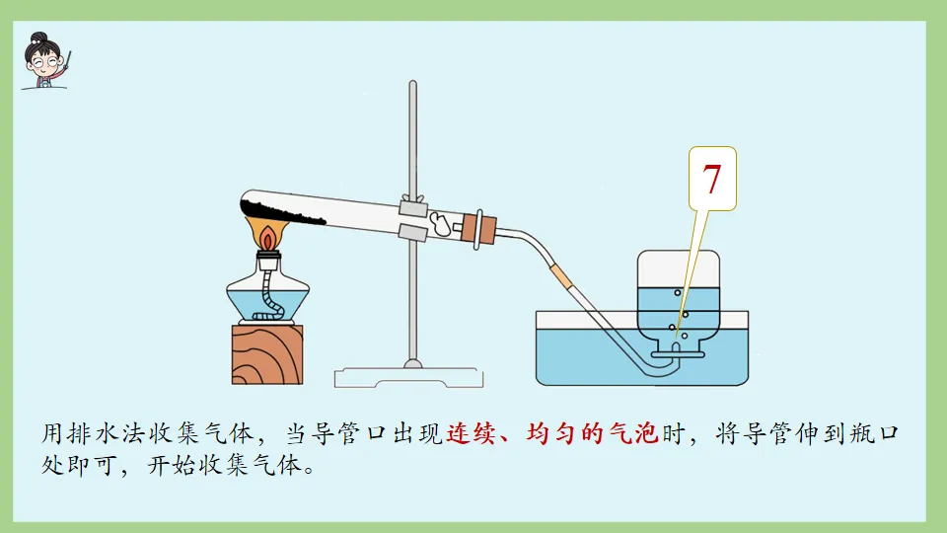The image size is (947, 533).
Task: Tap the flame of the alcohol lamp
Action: tap(268, 237)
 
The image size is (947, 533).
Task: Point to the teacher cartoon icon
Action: tap(45, 61)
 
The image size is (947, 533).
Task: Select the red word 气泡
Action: tap(637, 433)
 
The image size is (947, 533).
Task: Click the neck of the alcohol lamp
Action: tap(267, 261)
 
